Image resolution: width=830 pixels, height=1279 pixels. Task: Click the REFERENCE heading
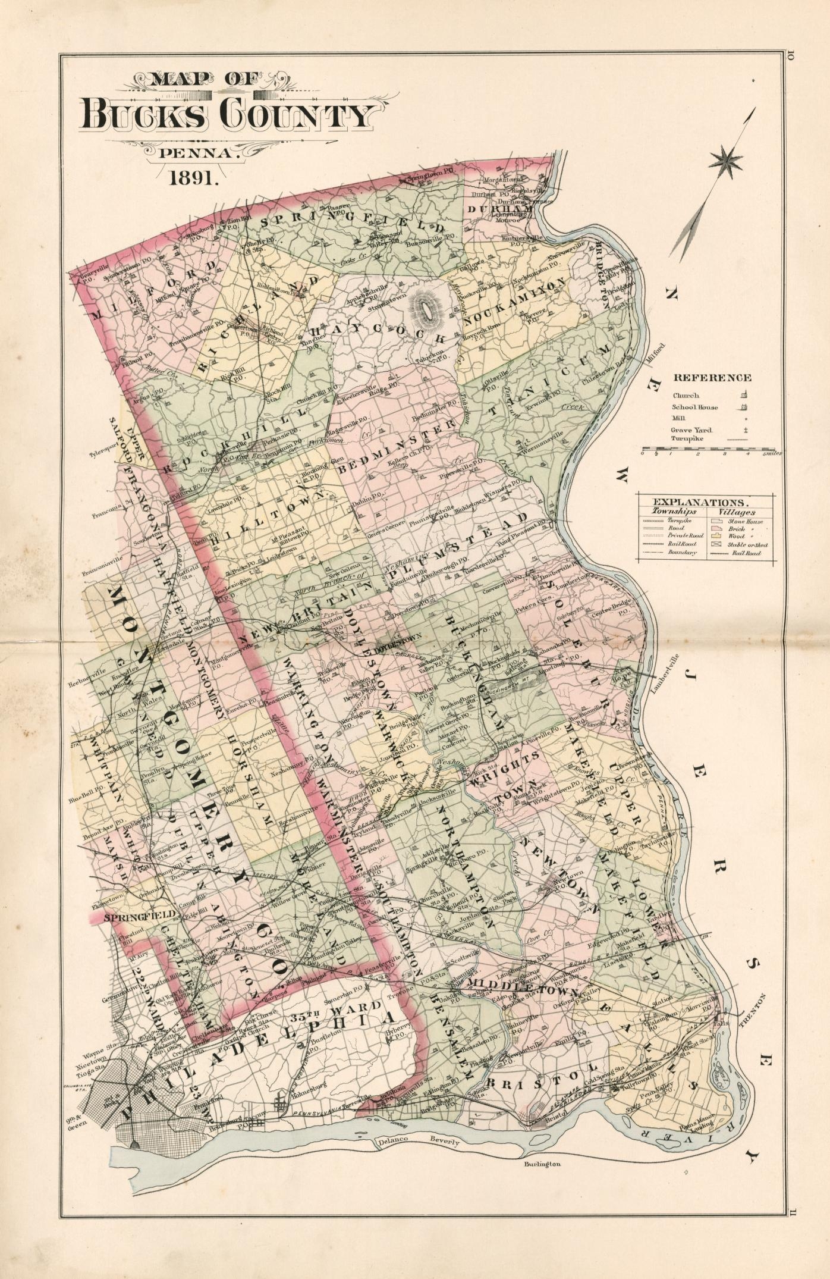pos(712,377)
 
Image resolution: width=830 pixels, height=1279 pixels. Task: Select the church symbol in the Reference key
pos(744,394)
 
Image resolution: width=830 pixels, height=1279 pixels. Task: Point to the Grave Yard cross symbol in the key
pos(744,430)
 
